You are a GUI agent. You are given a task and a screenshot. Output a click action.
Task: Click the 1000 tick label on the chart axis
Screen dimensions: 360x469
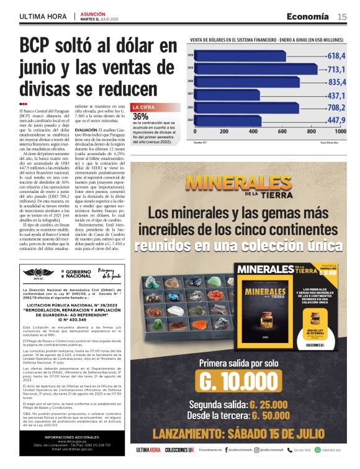point(340,132)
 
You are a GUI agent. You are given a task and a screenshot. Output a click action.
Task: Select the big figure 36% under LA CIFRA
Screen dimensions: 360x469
point(140,117)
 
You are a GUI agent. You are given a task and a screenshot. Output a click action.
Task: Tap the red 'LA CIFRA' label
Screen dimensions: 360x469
point(144,107)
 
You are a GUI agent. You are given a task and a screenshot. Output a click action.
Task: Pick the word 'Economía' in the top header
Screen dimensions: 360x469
point(308,16)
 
